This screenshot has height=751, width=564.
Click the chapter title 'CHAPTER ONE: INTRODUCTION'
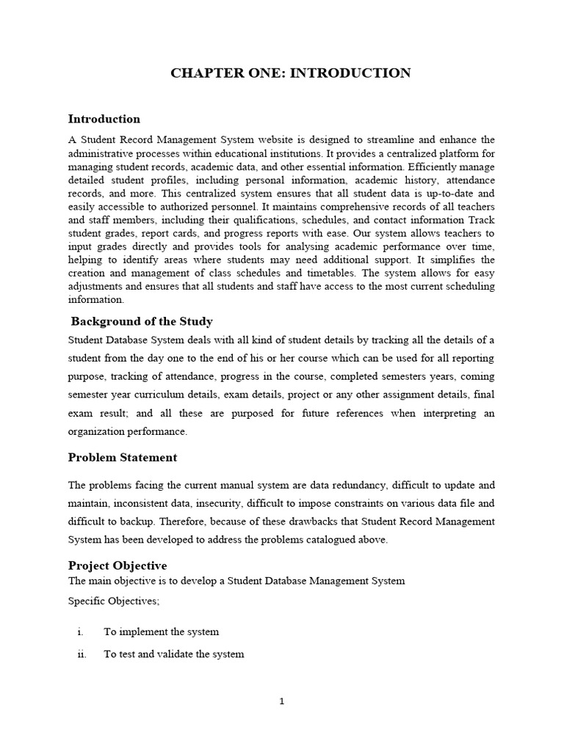click(x=290, y=73)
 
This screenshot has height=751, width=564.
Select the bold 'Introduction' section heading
click(x=104, y=119)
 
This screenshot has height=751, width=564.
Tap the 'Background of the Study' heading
click(x=142, y=321)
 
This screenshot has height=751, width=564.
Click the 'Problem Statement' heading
click(x=122, y=457)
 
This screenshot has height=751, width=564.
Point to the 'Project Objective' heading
click(x=117, y=565)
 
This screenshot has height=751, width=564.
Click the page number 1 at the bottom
click(x=281, y=701)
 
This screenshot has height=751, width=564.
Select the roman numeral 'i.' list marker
click(x=81, y=631)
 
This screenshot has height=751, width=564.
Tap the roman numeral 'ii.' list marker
click(x=82, y=654)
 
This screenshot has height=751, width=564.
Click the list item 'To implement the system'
click(x=161, y=631)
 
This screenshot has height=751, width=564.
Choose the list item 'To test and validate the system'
click(x=173, y=654)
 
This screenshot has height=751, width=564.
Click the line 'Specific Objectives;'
click(x=113, y=601)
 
